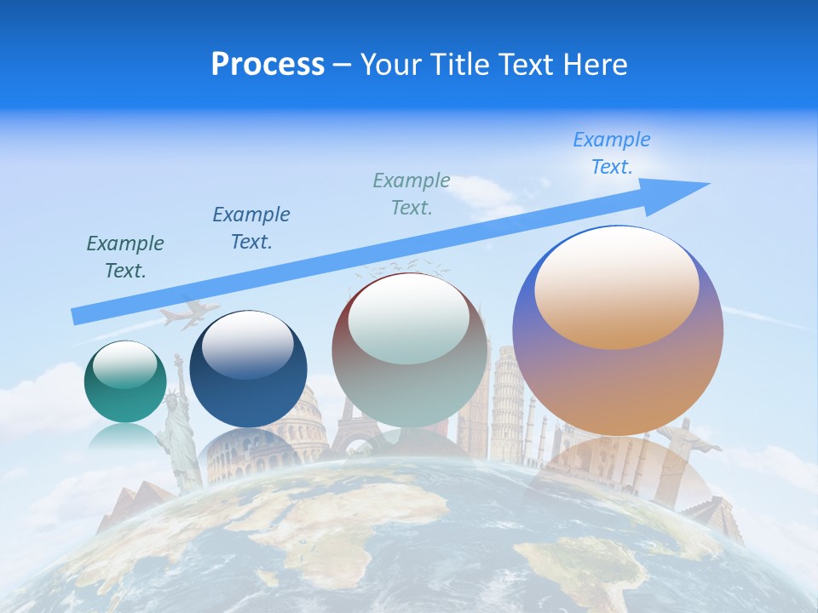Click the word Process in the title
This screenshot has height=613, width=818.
[268, 65]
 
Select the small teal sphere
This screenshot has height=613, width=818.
[125, 382]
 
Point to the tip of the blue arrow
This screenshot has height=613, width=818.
[707, 184]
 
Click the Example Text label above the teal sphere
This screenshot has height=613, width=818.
[125, 257]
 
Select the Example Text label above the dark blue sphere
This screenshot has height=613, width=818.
[251, 228]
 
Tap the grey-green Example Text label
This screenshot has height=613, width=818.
[412, 193]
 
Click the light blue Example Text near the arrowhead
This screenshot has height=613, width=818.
[612, 153]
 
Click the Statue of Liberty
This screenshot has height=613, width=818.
[178, 426]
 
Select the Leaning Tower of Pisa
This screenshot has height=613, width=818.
[507, 392]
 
